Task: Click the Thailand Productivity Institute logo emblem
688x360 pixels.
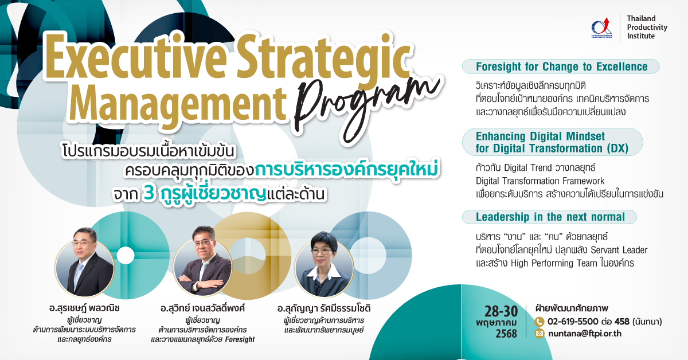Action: [601, 28]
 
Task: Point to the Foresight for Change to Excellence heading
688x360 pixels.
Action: [561, 66]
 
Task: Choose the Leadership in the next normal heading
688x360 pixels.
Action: [550, 217]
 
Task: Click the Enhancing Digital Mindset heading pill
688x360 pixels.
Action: [552, 142]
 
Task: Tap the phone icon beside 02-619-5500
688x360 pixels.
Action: [540, 322]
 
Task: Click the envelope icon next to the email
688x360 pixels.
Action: [540, 334]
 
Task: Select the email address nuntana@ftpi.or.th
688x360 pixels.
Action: [585, 334]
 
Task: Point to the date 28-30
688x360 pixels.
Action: [501, 311]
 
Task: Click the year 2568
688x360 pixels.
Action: [506, 334]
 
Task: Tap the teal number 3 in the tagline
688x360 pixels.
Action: [148, 194]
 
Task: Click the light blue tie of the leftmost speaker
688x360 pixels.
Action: [79, 273]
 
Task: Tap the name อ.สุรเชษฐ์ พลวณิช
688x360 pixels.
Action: [84, 308]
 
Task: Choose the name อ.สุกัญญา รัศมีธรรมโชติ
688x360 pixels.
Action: [324, 308]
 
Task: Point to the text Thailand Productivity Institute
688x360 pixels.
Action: [647, 27]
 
